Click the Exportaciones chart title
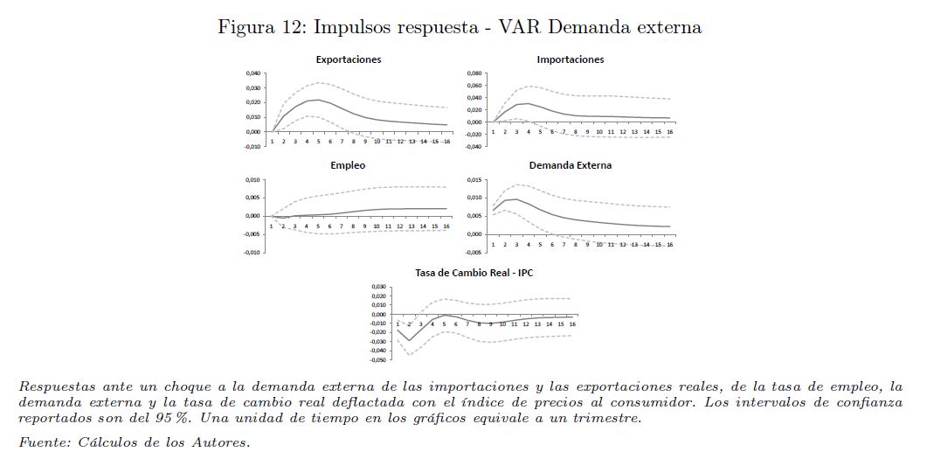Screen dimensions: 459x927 (x=348, y=59)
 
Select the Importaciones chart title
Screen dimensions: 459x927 (x=570, y=59)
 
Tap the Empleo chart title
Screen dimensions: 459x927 (x=348, y=164)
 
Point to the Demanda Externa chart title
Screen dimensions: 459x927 (x=570, y=164)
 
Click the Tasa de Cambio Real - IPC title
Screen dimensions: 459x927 (x=474, y=273)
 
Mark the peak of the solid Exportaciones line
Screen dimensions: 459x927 (x=318, y=100)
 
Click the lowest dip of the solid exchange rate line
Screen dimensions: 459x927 (x=410, y=340)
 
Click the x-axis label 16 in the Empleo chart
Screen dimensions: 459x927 (x=446, y=226)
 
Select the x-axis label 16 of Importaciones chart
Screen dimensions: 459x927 (x=669, y=132)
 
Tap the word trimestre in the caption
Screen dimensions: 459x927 (x=605, y=418)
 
